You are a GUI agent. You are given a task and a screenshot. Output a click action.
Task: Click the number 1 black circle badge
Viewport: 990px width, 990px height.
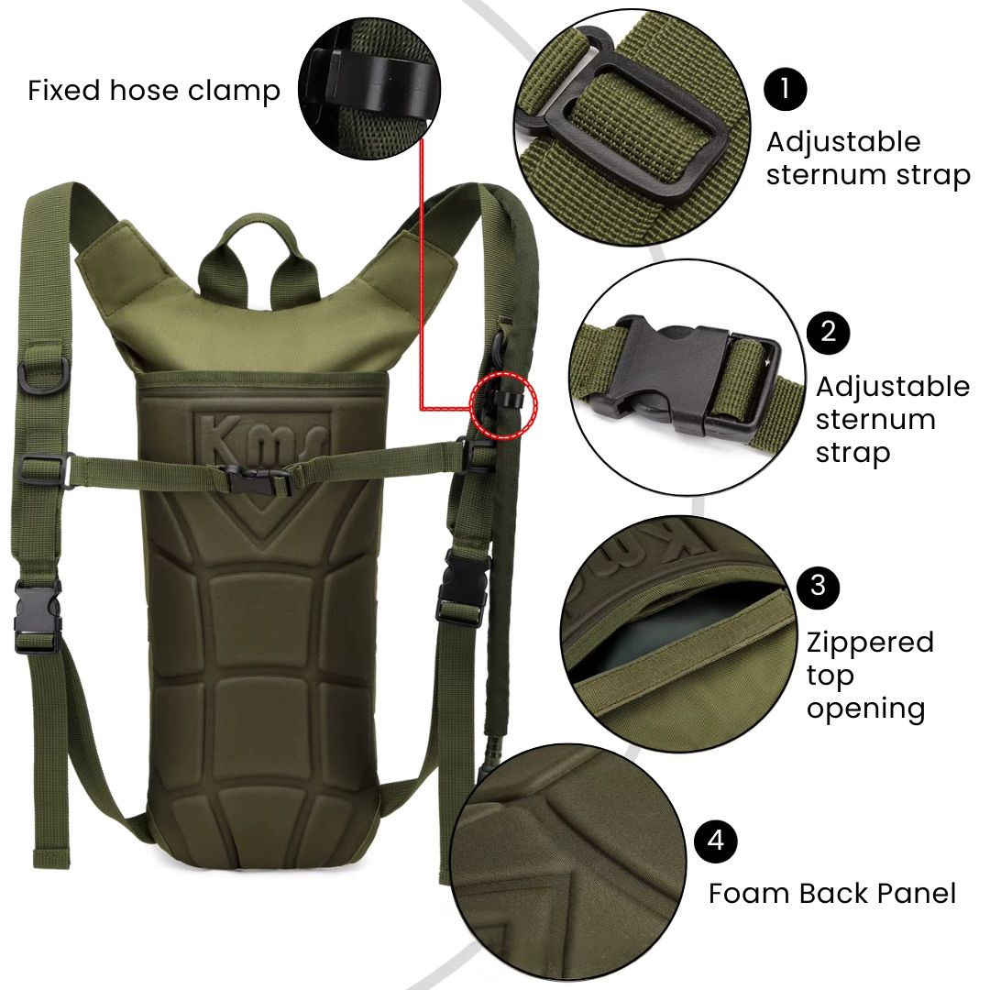786,90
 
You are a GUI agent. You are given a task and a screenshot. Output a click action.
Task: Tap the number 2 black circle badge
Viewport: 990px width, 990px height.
828,332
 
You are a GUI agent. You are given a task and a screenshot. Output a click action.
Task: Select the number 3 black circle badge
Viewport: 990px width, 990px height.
819,587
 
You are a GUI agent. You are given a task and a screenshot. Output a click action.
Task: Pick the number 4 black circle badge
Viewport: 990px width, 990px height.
715,841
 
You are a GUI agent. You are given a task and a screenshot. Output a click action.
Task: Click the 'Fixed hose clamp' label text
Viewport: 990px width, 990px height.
154,90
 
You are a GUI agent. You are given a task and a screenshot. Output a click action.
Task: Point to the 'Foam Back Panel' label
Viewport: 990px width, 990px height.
832,894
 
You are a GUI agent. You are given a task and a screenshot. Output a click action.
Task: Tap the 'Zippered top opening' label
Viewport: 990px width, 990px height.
870,675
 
